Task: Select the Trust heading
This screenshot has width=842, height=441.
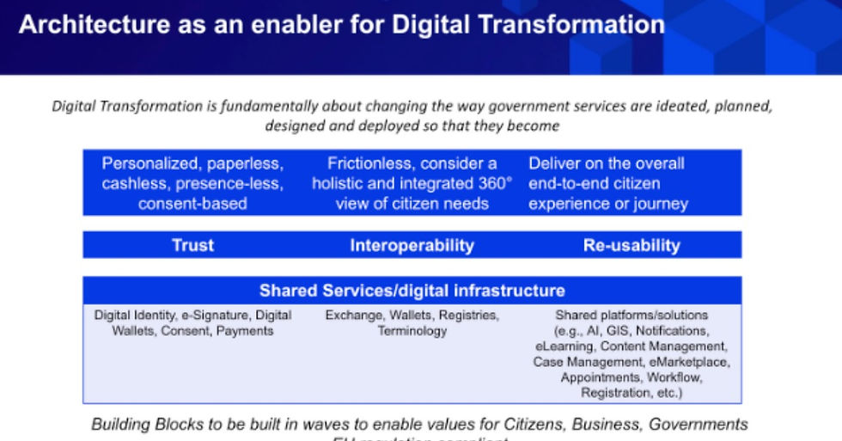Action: click(x=192, y=245)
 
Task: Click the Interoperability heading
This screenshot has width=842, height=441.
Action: click(x=412, y=245)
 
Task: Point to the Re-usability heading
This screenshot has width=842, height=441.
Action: click(x=631, y=245)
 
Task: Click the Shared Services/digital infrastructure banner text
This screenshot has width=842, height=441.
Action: click(x=412, y=291)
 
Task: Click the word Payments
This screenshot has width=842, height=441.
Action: click(x=245, y=331)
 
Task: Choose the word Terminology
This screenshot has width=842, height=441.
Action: click(x=412, y=331)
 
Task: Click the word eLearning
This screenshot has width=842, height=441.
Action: click(x=563, y=346)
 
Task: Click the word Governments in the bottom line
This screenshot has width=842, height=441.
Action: click(x=698, y=425)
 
